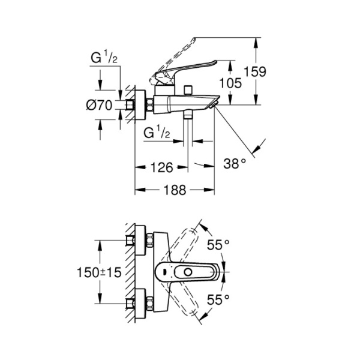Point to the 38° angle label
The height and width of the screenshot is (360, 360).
[235, 163]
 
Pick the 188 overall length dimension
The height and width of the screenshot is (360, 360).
[174, 190]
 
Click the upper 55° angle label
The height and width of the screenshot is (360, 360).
[218, 245]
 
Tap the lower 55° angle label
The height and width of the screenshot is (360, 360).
[218, 299]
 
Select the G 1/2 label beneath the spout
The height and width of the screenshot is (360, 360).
[159, 133]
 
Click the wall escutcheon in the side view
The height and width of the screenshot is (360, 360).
[140, 105]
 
